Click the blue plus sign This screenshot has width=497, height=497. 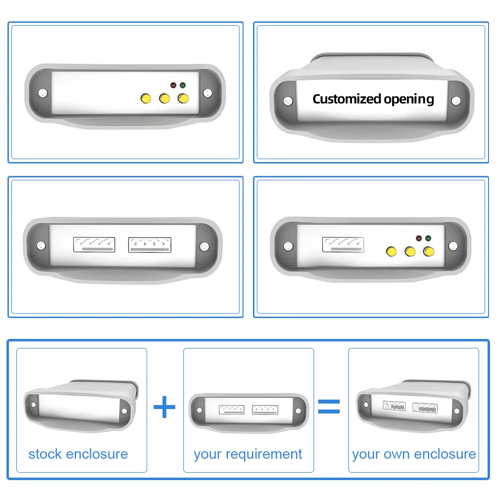pyautogui.click(x=164, y=408)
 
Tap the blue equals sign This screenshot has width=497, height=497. pyautogui.click(x=329, y=406)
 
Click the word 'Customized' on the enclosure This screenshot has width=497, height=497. pyautogui.click(x=346, y=99)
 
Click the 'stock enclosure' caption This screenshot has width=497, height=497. pyautogui.click(x=78, y=454)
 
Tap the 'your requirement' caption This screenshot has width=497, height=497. pyautogui.click(x=248, y=454)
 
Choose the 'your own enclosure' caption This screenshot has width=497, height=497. pyautogui.click(x=414, y=454)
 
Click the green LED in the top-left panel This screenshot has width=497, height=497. pyautogui.click(x=183, y=85)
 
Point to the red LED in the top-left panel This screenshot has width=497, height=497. pyautogui.click(x=173, y=85)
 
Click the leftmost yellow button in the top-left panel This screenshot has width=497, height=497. pyautogui.click(x=146, y=98)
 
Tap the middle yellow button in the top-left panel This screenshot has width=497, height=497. pyautogui.click(x=165, y=98)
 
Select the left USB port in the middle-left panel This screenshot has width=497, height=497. pyautogui.click(x=94, y=245)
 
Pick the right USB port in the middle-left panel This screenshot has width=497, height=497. pyautogui.click(x=150, y=245)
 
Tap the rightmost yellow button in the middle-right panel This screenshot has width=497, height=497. pyautogui.click(x=428, y=251)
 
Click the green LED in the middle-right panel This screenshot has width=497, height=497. pyautogui.click(x=428, y=238)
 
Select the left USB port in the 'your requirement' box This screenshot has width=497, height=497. pyautogui.click(x=232, y=410)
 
